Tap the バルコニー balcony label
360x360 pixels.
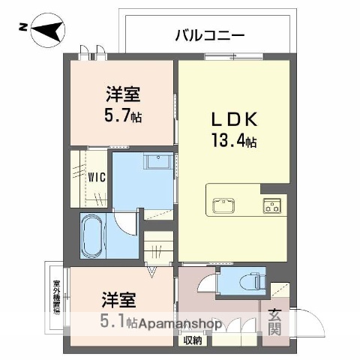[x=209, y=34]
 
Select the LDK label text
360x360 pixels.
[x=233, y=118]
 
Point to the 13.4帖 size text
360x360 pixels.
[x=234, y=140]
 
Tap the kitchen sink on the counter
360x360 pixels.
[x=223, y=205]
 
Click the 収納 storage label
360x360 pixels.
[x=192, y=341]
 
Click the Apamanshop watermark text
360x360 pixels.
[x=184, y=325]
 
